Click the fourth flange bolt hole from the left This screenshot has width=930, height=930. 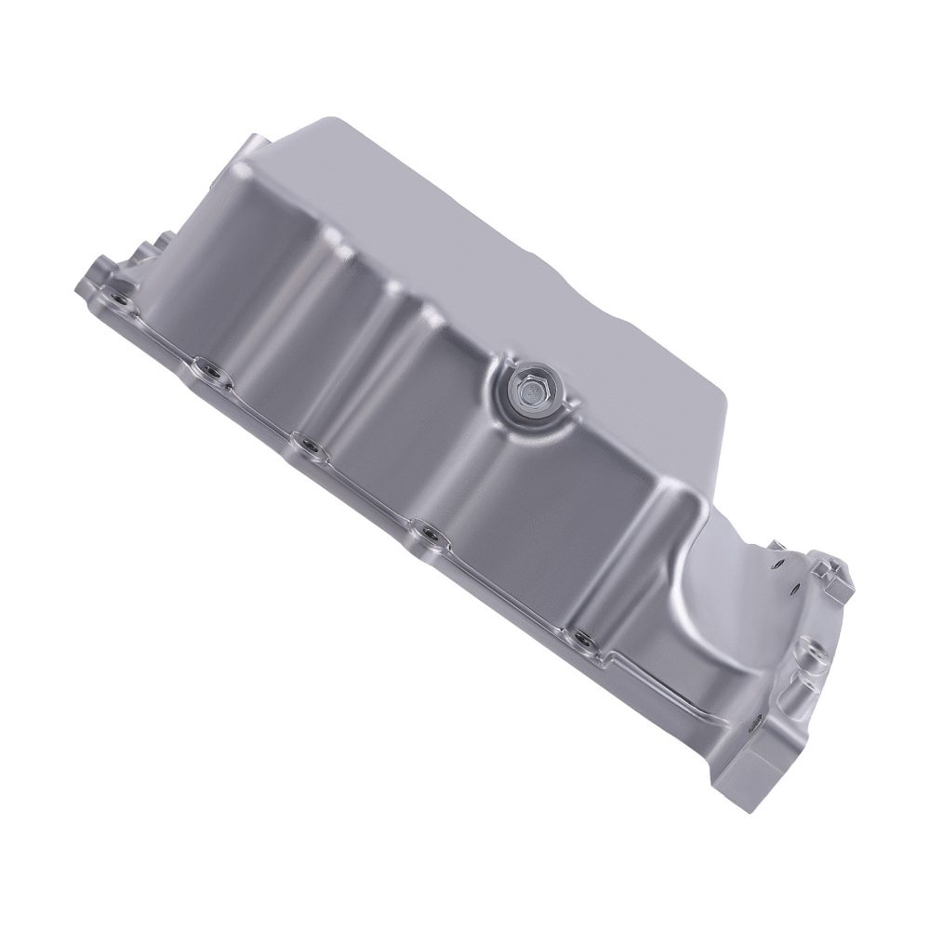tap(430, 533)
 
